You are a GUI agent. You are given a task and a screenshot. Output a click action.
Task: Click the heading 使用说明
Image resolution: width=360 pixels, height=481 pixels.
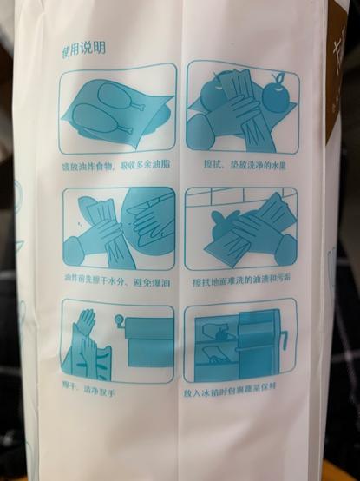pos(82,49)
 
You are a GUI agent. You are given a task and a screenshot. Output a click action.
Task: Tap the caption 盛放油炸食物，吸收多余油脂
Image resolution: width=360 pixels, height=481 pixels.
pos(117,162)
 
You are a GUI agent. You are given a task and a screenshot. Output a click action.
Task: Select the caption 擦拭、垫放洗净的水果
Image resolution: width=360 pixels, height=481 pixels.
pos(242,162)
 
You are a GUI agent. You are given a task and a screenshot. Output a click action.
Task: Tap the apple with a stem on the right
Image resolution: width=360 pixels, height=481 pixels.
pos(277,95)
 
